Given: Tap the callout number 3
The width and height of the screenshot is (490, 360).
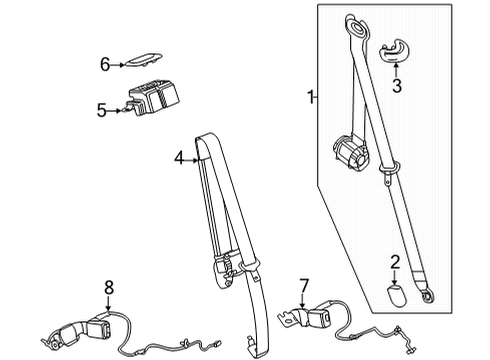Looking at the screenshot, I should [x=397, y=86].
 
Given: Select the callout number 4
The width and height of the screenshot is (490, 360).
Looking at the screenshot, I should [x=179, y=156].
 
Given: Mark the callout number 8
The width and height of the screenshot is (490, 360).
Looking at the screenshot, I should [x=109, y=289].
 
